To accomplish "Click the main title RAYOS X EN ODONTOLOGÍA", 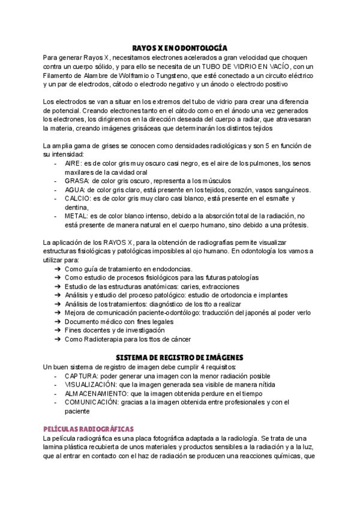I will (180, 47).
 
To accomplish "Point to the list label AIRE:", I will (74, 163).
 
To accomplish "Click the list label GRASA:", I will (77, 181).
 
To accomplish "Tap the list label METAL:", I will (77, 216).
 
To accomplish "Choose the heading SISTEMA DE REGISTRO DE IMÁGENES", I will (180, 357).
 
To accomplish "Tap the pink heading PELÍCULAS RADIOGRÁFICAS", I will (88, 429).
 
